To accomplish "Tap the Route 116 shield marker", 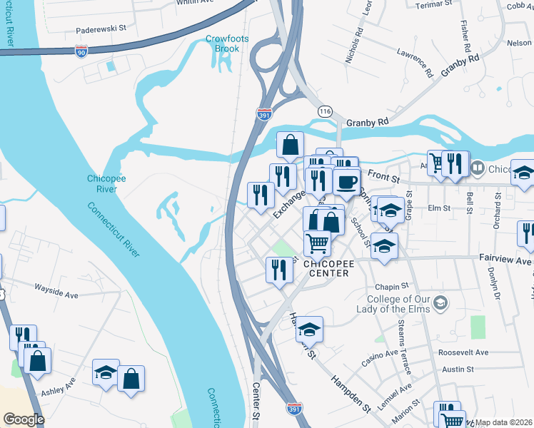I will click(x=326, y=111).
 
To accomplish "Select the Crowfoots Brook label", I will click(x=222, y=44).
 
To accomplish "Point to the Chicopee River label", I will click(x=106, y=183).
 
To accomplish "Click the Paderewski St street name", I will click(x=101, y=31).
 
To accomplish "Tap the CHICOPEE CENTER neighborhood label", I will click(x=327, y=268).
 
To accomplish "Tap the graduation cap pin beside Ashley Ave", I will click(x=106, y=372).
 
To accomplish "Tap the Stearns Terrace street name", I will click(x=405, y=357).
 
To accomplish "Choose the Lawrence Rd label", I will click(x=416, y=62).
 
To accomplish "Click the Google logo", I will click(x=24, y=419).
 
